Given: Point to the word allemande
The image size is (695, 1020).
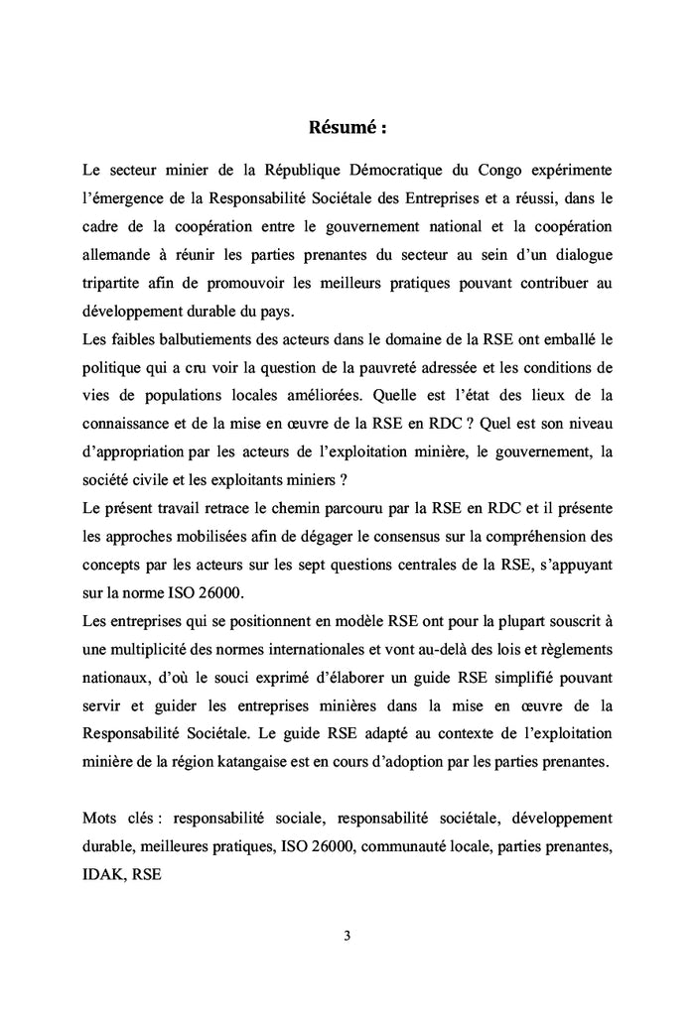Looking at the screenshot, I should [116, 255].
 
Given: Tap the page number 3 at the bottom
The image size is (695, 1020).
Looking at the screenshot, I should [347, 934].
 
